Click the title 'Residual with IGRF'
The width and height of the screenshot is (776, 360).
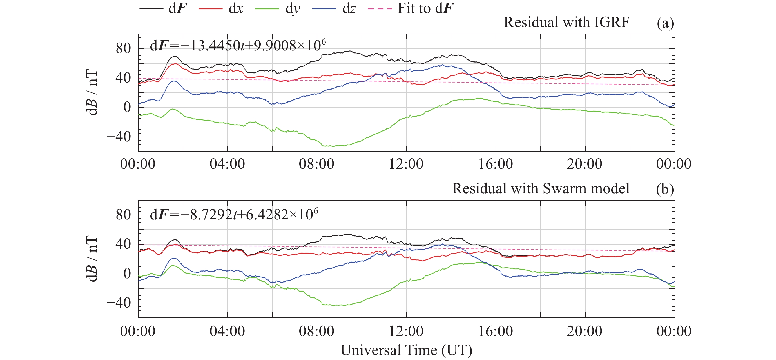[x=566, y=22]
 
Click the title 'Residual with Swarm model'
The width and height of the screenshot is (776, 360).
[x=541, y=188]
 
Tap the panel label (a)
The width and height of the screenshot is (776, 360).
[x=665, y=23]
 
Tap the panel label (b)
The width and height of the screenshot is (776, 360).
[x=665, y=189]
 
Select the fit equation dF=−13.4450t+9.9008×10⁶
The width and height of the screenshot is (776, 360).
[x=238, y=45]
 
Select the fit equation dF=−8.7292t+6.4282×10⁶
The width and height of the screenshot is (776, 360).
[x=234, y=214]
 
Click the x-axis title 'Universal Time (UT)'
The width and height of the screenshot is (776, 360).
[x=406, y=350]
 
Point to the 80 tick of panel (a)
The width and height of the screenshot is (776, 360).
[x=123, y=48]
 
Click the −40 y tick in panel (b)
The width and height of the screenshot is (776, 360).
[x=119, y=303]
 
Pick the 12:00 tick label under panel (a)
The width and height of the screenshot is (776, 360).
[x=406, y=164]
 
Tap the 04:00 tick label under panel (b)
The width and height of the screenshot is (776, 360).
[x=227, y=331]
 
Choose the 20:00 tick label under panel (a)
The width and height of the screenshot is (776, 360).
[x=585, y=164]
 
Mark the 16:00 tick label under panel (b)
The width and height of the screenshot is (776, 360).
[x=496, y=331]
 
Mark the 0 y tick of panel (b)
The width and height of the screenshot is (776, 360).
[x=127, y=274]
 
